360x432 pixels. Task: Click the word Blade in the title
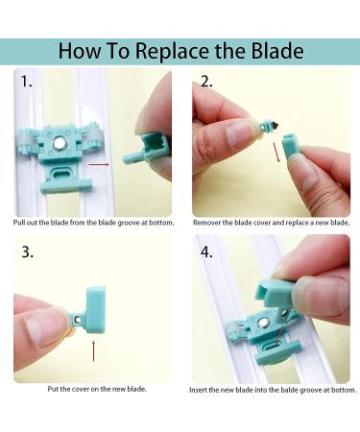[x=277, y=50]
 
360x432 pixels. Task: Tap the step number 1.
[x=27, y=82]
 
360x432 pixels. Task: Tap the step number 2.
[x=206, y=82]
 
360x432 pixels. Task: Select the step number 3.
[x=27, y=252]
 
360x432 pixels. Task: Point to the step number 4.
[x=206, y=252]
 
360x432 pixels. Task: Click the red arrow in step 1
[x=99, y=164]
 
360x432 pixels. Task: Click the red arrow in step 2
[x=276, y=152]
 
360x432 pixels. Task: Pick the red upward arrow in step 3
[x=93, y=351]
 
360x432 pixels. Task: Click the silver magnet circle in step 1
[x=60, y=144]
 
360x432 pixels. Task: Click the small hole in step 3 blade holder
[x=78, y=320]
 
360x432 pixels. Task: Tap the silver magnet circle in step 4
[x=264, y=324]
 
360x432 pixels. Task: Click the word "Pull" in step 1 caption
[x=19, y=223]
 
